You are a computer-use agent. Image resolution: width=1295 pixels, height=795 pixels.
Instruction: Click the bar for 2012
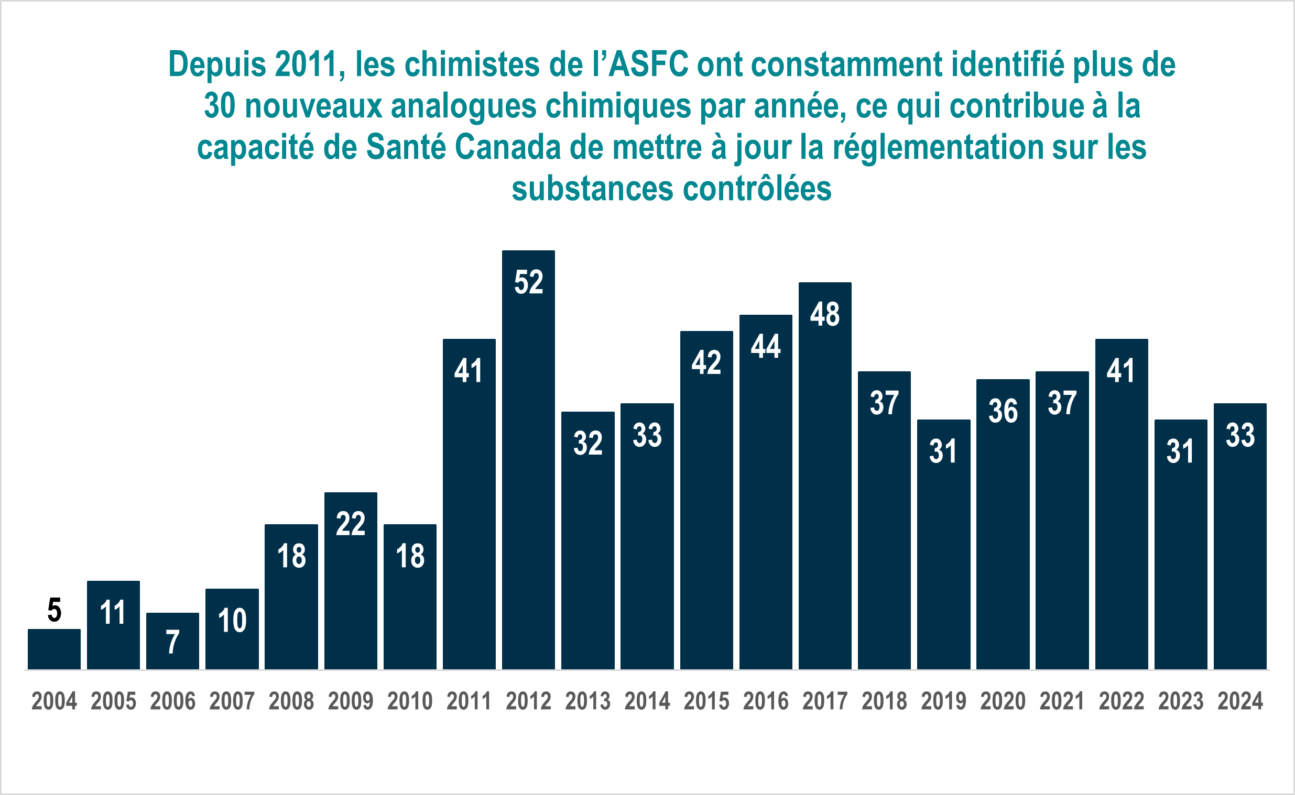(528, 459)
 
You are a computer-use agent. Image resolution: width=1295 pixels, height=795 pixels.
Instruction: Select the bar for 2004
(54, 649)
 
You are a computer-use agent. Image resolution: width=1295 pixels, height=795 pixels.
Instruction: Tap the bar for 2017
(825, 476)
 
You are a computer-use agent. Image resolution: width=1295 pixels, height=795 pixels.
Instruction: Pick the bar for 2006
(172, 641)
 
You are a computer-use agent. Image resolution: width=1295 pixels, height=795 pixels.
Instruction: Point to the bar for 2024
(1240, 536)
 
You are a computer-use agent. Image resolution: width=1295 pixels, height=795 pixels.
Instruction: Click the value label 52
(529, 282)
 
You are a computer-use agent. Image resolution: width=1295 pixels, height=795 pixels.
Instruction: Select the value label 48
(825, 314)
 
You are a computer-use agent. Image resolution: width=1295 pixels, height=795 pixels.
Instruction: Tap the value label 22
(351, 524)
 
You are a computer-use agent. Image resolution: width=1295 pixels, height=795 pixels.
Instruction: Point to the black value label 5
(54, 610)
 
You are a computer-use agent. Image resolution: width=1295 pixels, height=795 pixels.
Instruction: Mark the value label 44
(766, 347)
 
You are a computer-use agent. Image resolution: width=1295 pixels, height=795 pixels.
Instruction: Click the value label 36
(1003, 411)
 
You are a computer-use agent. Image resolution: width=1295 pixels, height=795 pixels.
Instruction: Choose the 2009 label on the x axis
(351, 701)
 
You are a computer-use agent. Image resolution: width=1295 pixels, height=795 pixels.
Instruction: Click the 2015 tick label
(706, 701)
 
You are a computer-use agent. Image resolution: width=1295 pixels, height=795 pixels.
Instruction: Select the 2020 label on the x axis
(1003, 701)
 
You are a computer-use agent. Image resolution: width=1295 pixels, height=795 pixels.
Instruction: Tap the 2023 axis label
(1181, 701)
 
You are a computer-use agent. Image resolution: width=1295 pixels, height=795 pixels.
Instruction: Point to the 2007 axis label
(232, 701)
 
